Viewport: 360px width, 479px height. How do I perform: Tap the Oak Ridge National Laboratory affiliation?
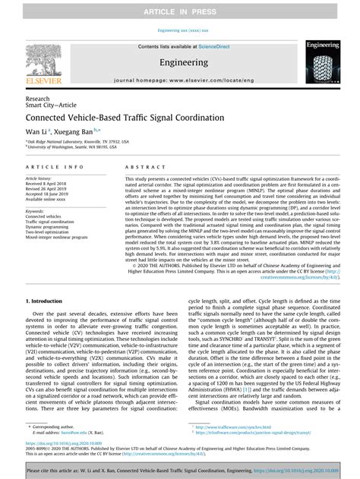(73, 141)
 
